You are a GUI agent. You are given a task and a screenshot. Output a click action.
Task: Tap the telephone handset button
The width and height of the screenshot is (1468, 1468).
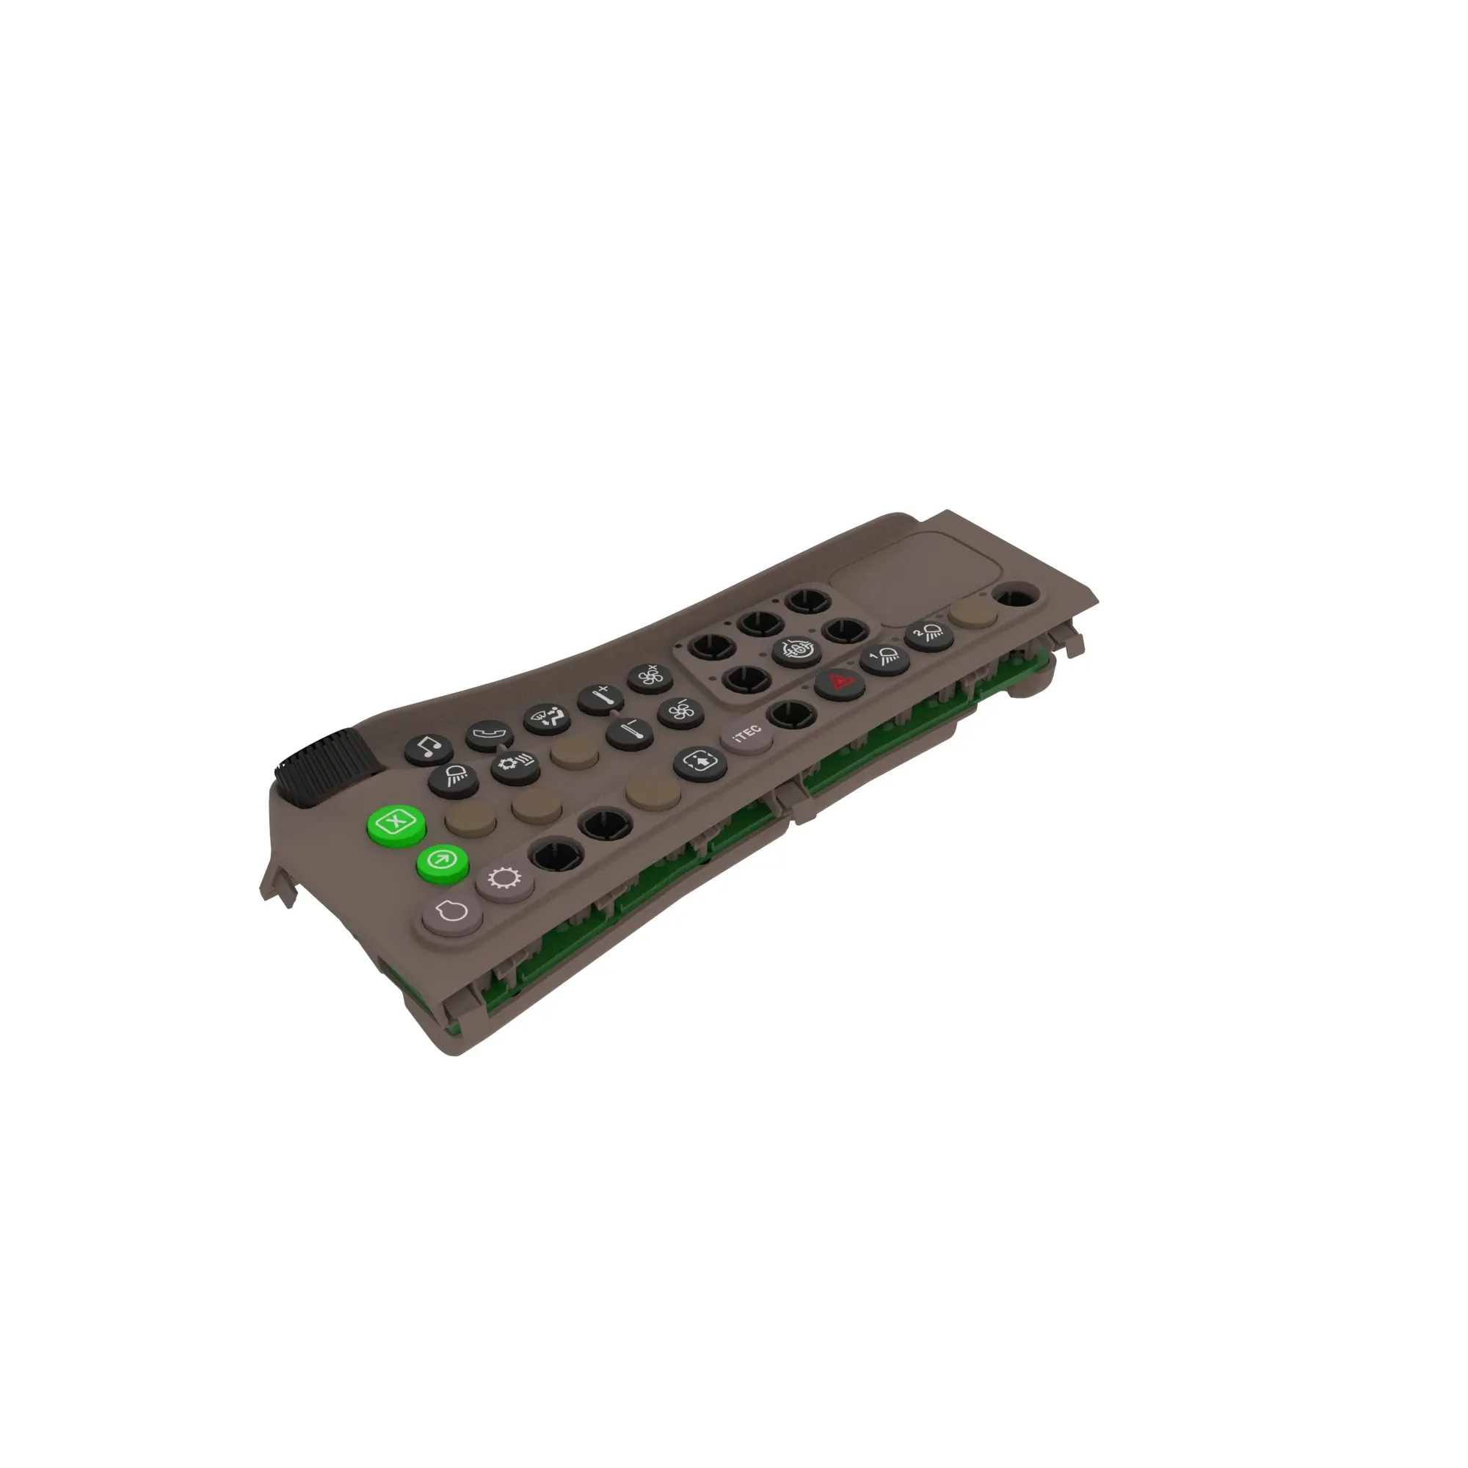pos(489,734)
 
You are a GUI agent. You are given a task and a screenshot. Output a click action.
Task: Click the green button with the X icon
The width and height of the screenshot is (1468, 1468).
pos(395,822)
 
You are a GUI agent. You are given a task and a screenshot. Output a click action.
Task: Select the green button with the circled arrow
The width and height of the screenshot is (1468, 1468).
pos(442,861)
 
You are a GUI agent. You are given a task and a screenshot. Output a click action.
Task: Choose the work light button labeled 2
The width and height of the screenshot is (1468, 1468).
pos(929,632)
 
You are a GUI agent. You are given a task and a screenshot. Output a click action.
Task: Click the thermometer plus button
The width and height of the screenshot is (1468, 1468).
pos(600,697)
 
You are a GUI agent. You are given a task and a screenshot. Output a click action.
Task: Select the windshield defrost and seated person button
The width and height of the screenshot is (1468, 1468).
pos(547,716)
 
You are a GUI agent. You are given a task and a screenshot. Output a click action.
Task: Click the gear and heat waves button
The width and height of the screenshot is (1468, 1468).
pos(515,764)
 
